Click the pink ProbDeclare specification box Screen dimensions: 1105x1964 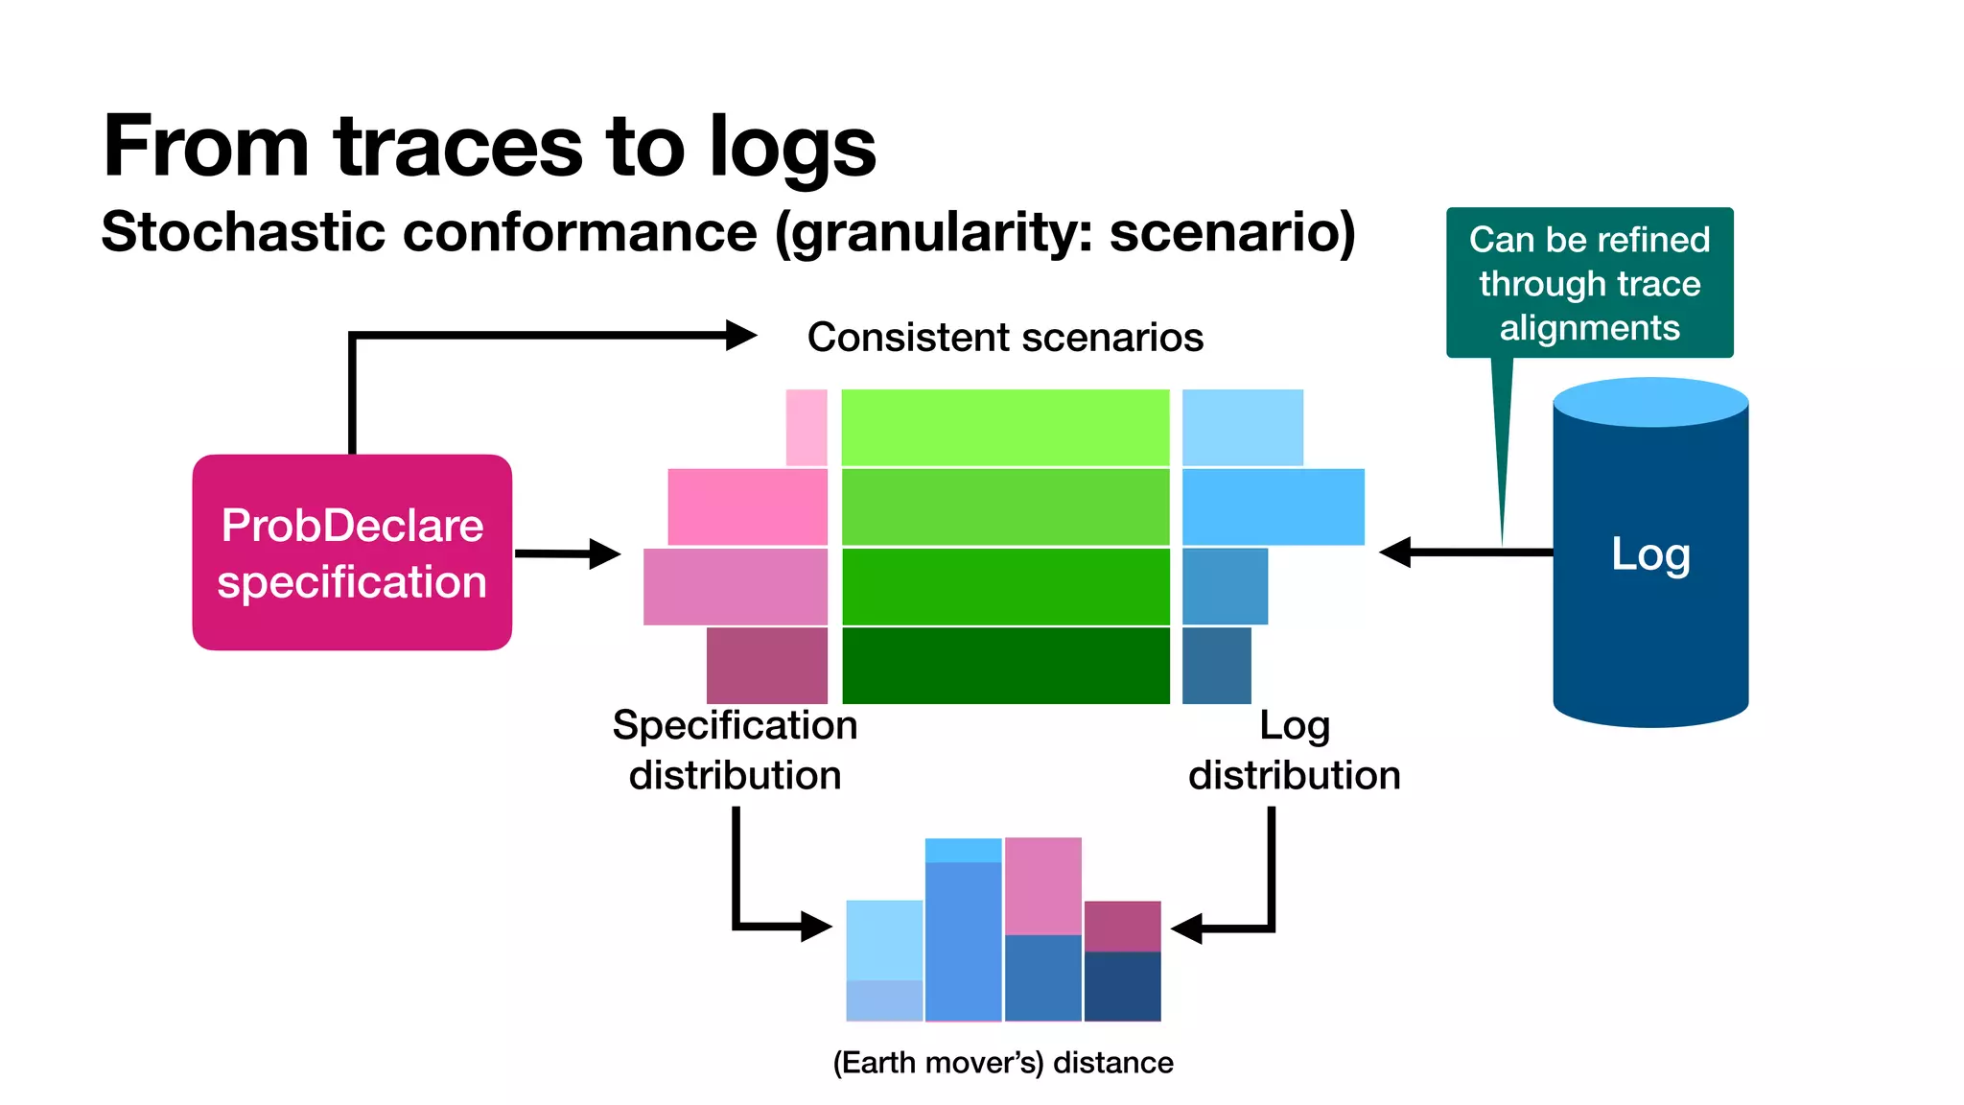[x=352, y=552]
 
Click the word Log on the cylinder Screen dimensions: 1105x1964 [x=1649, y=554]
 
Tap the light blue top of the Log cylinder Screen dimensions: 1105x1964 [x=1649, y=401]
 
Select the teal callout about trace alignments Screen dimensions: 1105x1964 [x=1589, y=283]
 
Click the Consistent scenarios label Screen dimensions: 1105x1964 [x=1005, y=338]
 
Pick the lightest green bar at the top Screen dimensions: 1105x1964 [x=1005, y=428]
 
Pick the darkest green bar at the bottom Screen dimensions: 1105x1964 [x=1005, y=666]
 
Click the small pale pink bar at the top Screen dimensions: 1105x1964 [x=807, y=428]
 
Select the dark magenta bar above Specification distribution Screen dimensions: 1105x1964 [x=766, y=666]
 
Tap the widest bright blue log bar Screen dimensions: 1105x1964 [x=1273, y=506]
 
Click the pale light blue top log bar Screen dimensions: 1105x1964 [x=1242, y=428]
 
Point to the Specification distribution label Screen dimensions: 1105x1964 [x=735, y=750]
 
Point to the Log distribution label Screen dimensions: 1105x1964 [x=1294, y=750]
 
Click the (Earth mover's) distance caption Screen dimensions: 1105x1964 [x=1002, y=1063]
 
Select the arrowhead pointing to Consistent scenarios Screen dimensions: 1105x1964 [x=740, y=336]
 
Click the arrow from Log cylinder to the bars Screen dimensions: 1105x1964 [x=1467, y=552]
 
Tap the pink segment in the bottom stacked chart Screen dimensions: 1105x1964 [x=1043, y=886]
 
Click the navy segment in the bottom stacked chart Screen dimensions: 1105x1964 [x=1122, y=986]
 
